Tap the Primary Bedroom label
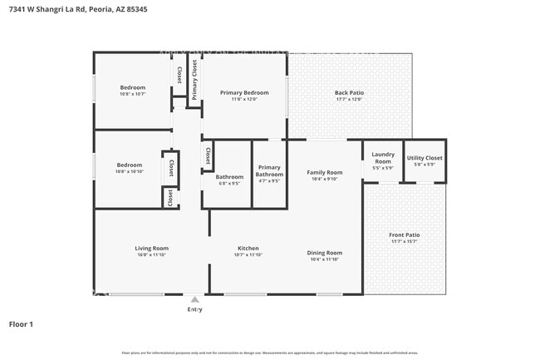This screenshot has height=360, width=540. click(x=244, y=92)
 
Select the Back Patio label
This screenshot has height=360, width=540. click(x=349, y=92)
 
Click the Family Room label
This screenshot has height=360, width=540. click(x=324, y=172)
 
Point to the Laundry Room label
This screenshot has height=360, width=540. click(x=383, y=157)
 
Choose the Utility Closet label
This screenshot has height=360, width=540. click(x=425, y=157)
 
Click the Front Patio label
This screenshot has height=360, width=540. click(x=405, y=235)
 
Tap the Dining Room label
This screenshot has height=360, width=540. click(x=324, y=253)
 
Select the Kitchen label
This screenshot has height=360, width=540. click(x=248, y=248)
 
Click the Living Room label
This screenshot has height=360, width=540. click(x=152, y=248)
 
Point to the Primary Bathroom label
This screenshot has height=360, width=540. click(x=269, y=170)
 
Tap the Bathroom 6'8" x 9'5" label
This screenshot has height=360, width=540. click(x=229, y=176)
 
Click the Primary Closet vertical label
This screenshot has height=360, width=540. click(x=194, y=80)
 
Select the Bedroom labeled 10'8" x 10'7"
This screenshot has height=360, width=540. click(x=132, y=87)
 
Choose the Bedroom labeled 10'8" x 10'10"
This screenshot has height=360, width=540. click(x=129, y=165)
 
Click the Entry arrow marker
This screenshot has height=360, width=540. click(x=194, y=300)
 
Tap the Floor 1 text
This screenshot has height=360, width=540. click(x=21, y=323)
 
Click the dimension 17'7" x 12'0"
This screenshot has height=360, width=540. click(x=349, y=99)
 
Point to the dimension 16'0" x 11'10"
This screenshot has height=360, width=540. click(x=152, y=255)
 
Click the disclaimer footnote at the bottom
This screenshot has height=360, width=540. click(x=270, y=353)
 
